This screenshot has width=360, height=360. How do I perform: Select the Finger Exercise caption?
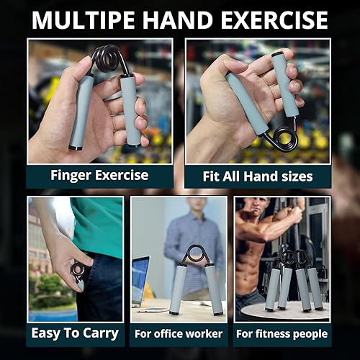(x=99, y=175)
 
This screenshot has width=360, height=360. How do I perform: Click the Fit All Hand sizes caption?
(x=257, y=176)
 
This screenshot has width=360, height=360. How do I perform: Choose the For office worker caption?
(x=179, y=333)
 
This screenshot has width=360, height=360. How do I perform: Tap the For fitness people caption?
(x=282, y=333)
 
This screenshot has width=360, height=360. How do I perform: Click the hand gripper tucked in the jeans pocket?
(x=78, y=274)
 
